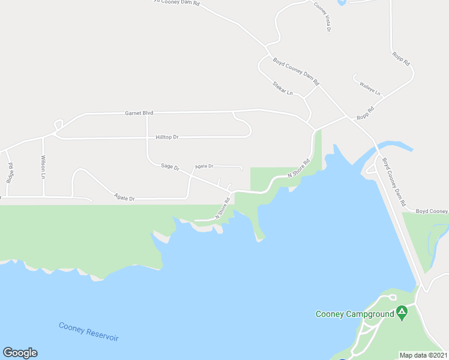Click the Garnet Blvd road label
[139, 113]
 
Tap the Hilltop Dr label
[167, 137]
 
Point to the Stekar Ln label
[282, 88]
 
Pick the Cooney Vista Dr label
[322, 17]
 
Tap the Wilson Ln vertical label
[43, 168]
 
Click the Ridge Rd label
[10, 173]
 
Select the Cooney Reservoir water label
[88, 332]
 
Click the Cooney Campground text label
[355, 313]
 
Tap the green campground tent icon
[402, 312]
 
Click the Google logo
[20, 353]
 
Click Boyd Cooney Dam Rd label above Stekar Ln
[296, 70]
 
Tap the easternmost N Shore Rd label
[298, 168]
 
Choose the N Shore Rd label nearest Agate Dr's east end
[223, 208]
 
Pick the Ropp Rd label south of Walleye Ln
[365, 113]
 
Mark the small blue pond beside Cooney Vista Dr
[342, 2]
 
